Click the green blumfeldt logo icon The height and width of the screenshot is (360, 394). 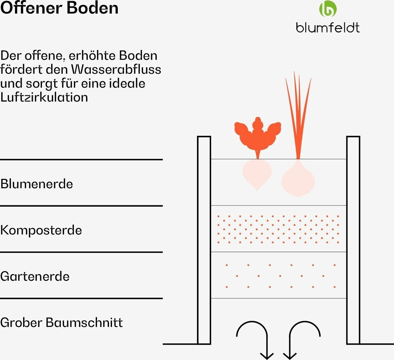click(328, 10)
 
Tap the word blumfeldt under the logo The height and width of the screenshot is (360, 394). click(328, 27)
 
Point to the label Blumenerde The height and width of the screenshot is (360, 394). click(37, 184)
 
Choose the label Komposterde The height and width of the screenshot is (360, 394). click(41, 230)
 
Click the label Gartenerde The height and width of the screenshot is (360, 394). click(35, 276)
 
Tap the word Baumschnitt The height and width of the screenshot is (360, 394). click(84, 322)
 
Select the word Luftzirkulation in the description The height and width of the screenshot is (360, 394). click(44, 97)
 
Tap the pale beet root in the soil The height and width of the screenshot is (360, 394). click(257, 174)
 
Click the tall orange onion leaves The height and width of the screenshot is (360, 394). click(297, 112)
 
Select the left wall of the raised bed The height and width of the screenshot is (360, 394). click(204, 240)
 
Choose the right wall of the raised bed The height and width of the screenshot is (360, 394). click(353, 240)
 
